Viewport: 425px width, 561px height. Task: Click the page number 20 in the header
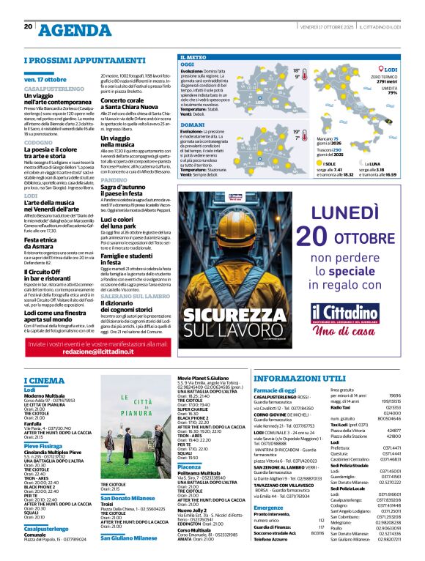tap(29, 26)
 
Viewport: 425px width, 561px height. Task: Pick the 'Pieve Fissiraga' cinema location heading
tap(45, 445)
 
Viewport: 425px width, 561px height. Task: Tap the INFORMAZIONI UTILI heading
tap(299, 378)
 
